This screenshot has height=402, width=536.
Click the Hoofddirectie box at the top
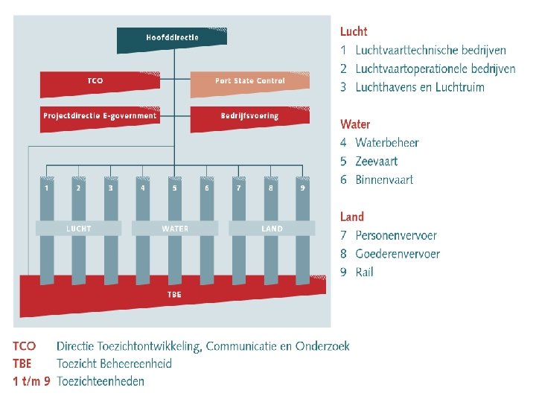tap(172, 38)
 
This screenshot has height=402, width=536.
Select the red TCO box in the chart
tap(95, 80)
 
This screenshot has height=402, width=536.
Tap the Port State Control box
tap(249, 80)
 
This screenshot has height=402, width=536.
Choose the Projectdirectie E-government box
tap(100, 116)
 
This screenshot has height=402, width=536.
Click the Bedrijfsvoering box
tap(249, 116)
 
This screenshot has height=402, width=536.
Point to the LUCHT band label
tap(79, 229)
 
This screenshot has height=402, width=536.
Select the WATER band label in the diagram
tap(175, 229)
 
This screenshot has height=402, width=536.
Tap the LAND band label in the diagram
tap(272, 229)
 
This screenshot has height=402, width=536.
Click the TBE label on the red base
tap(175, 295)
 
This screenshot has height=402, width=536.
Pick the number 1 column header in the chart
tap(47, 188)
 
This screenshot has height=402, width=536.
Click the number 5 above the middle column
tap(175, 188)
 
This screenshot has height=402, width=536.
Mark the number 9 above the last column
tap(302, 188)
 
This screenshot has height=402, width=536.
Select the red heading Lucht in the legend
tap(354, 31)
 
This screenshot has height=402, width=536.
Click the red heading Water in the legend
tap(355, 124)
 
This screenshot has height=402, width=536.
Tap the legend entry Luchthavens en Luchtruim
tap(420, 87)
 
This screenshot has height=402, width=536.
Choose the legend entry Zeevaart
tap(377, 161)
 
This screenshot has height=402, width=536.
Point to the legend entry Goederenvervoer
tap(398, 254)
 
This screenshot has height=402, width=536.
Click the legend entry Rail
tap(365, 272)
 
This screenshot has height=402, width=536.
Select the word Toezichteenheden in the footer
tap(100, 381)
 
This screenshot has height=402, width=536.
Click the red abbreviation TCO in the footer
tap(24, 346)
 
